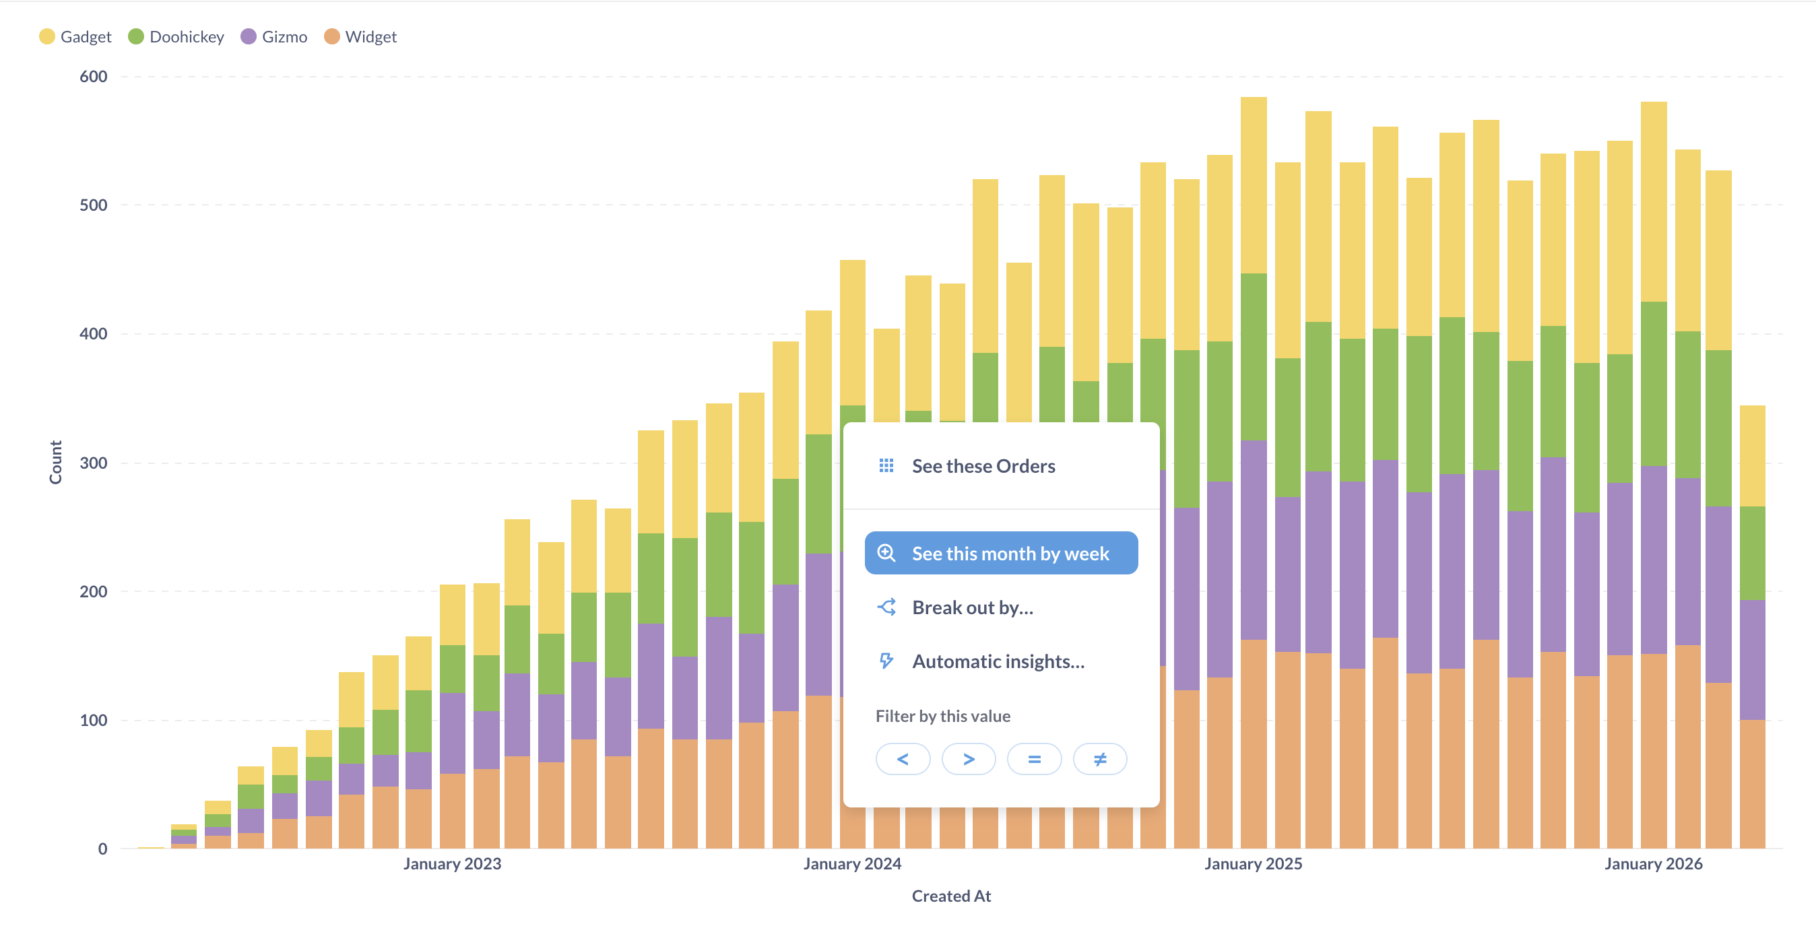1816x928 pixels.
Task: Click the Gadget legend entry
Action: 75,36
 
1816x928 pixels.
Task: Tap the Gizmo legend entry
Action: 274,36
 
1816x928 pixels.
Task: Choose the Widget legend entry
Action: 360,36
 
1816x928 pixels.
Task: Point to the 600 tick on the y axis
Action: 93,77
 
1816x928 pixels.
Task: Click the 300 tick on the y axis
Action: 93,463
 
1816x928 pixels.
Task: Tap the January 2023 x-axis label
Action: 452,864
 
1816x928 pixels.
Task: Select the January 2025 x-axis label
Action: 1253,864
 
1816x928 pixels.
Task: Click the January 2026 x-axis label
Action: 1653,864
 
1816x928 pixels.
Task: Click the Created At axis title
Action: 951,896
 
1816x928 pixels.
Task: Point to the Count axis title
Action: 56,462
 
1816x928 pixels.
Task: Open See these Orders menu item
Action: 983,467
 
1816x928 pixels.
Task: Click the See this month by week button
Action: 1001,554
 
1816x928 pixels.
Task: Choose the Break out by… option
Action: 972,607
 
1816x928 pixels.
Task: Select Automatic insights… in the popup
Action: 998,661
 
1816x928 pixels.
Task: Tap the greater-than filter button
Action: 969,760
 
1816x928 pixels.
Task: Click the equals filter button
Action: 1034,760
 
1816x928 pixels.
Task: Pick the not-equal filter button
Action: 1100,760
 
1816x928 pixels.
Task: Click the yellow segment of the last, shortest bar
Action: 1752,455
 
